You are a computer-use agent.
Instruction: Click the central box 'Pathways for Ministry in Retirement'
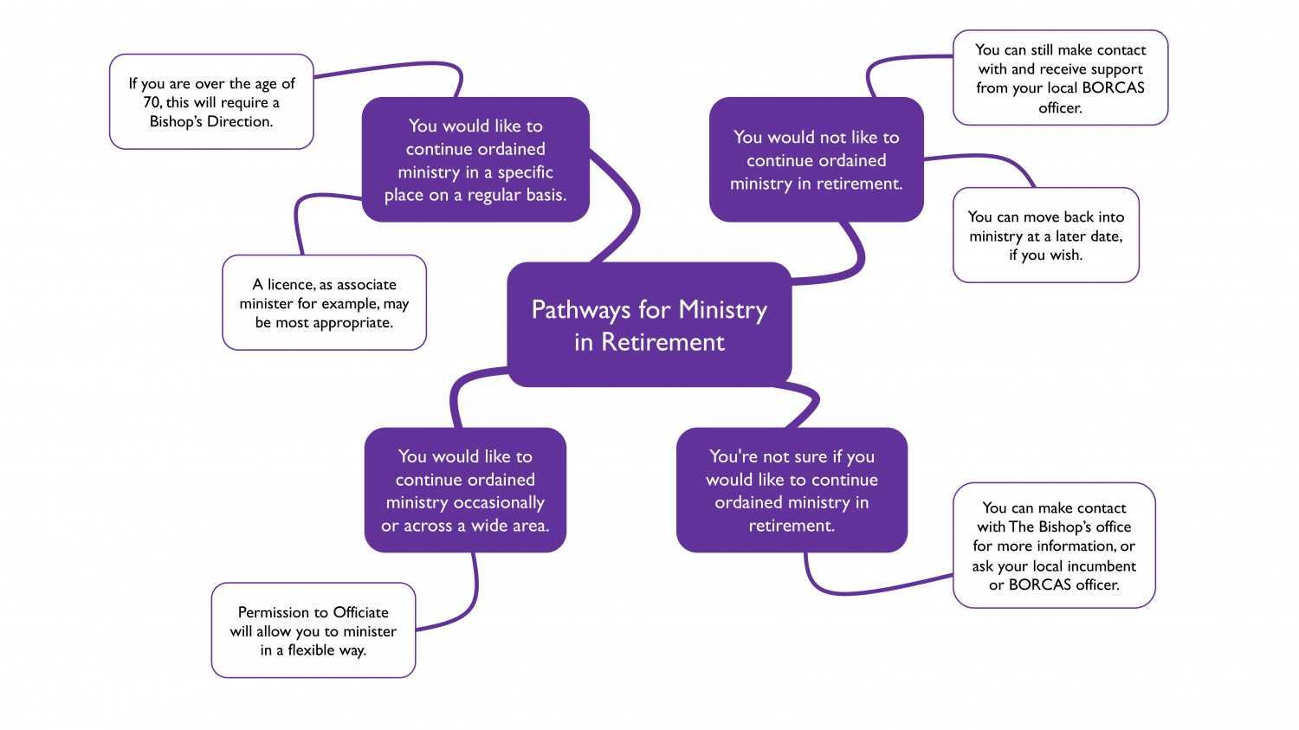649,325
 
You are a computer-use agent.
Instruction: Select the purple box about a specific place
475,159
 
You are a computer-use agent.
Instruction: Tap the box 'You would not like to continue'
817,159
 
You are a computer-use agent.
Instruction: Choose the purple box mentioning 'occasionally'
465,490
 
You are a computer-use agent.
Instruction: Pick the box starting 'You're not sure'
792,490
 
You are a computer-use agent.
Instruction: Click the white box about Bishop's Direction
211,101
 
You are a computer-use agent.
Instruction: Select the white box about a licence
324,303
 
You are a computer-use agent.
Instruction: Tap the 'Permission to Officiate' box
313,630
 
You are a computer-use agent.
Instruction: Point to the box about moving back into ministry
1045,235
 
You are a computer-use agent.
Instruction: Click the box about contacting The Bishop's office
1054,545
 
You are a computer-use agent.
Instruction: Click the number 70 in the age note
152,103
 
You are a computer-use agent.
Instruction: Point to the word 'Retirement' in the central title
662,341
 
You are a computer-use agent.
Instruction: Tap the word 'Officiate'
361,612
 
